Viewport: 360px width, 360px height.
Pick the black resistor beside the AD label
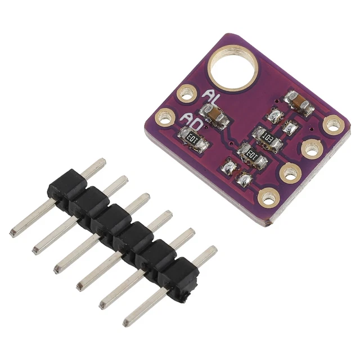[x=193, y=139]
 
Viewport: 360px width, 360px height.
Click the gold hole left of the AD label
[x=164, y=118]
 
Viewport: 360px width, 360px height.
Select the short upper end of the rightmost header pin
[x=212, y=250]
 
